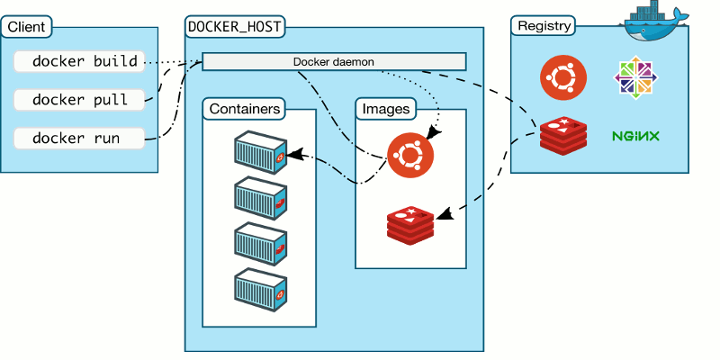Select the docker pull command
(79, 100)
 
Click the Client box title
(26, 26)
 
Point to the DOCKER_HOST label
(236, 26)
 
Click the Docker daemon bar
(334, 61)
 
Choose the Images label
(386, 109)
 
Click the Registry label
(544, 26)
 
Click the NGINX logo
(636, 137)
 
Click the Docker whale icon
(655, 20)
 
